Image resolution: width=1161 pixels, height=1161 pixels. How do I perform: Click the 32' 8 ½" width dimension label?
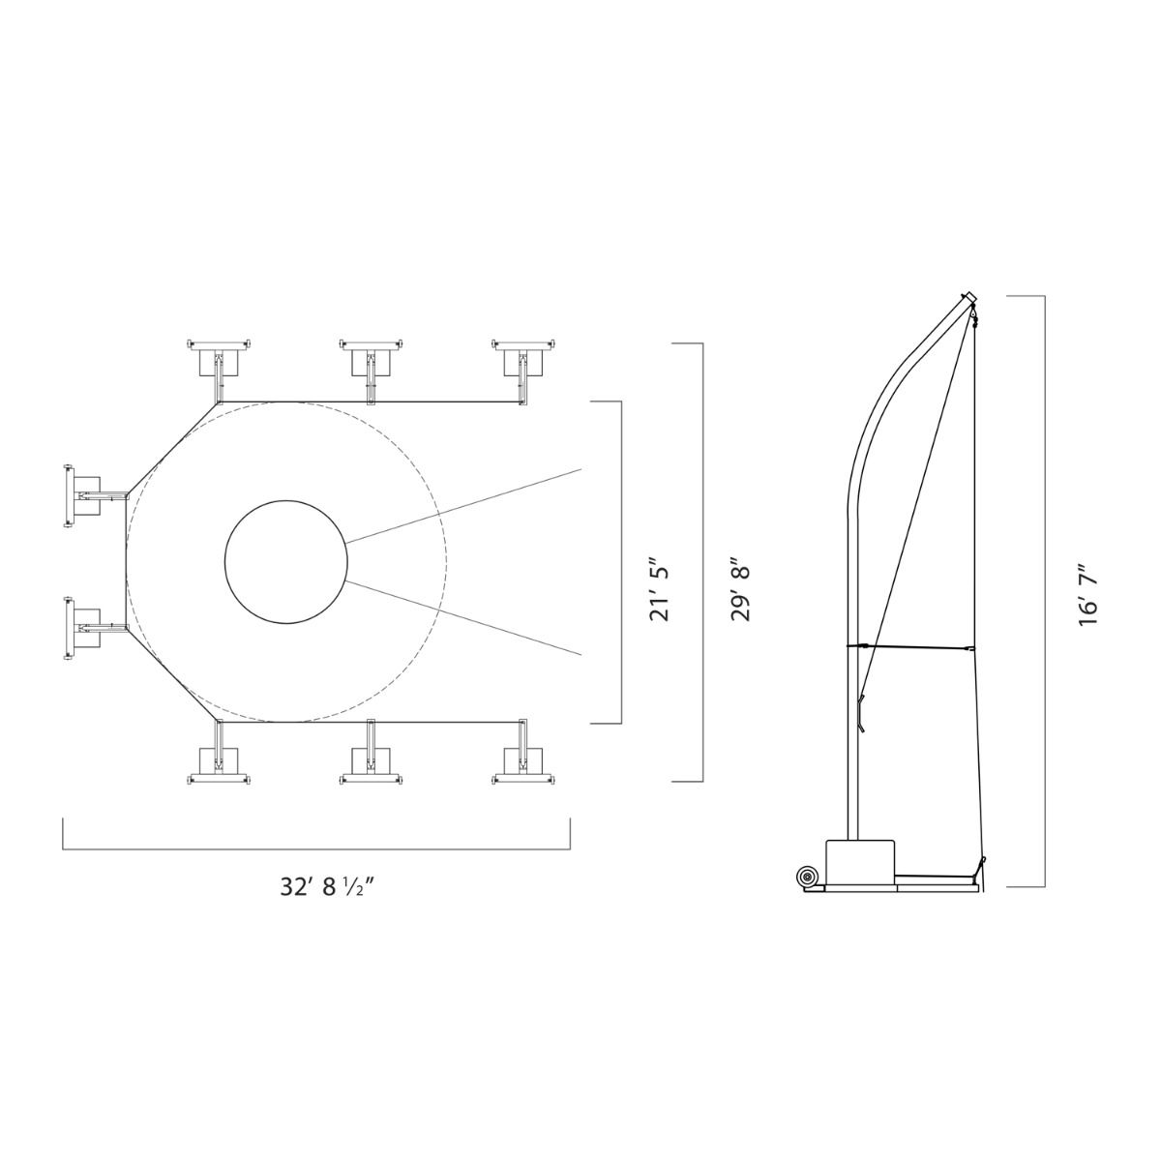(327, 888)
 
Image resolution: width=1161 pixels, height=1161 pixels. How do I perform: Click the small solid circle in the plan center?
(285, 561)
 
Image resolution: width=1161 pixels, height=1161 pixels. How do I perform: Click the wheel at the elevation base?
(805, 877)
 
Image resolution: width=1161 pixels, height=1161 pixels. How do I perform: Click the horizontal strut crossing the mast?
(909, 645)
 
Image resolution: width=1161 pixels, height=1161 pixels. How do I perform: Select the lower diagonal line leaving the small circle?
(464, 617)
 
